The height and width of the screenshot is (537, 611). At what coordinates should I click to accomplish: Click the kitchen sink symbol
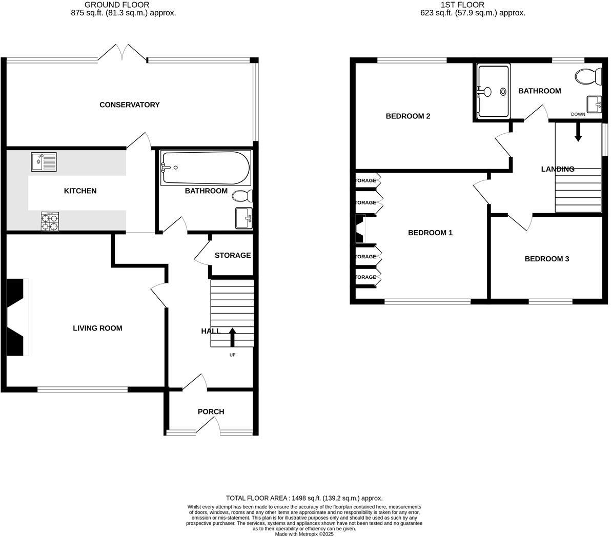44,162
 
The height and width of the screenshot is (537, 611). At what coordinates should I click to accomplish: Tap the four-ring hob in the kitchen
50,222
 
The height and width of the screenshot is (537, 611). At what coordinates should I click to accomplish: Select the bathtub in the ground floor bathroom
205,168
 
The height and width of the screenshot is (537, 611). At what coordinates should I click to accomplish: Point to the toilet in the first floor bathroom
590,77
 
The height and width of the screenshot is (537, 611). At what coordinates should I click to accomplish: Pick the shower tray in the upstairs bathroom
493,91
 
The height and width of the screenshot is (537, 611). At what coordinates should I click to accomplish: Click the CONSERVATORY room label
129,105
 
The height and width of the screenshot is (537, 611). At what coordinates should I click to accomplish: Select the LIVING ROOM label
97,328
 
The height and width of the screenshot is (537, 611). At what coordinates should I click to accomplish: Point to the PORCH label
211,411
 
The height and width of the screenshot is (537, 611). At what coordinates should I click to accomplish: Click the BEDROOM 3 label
546,259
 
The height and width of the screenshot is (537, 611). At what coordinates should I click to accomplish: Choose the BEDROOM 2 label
408,116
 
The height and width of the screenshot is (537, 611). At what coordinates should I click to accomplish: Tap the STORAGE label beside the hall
232,255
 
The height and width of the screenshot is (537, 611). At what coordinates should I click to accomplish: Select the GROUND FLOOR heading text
117,5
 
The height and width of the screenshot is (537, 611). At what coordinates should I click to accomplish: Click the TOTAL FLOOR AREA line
304,498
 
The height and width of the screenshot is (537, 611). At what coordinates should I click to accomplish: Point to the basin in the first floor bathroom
595,104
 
